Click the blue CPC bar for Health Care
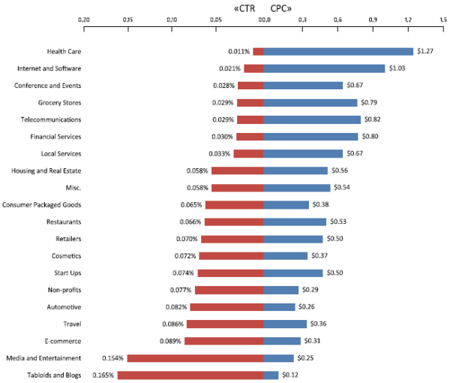click(x=338, y=51)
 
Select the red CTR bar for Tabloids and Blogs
click(x=190, y=375)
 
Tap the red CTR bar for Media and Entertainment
click(x=196, y=358)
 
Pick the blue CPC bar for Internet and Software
click(x=324, y=68)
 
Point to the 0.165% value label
click(x=103, y=375)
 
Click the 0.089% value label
click(x=170, y=341)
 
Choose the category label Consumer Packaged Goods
click(x=41, y=204)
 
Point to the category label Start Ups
click(x=65, y=273)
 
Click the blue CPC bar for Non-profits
click(x=281, y=290)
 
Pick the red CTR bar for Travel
click(x=225, y=324)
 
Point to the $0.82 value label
click(x=373, y=119)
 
